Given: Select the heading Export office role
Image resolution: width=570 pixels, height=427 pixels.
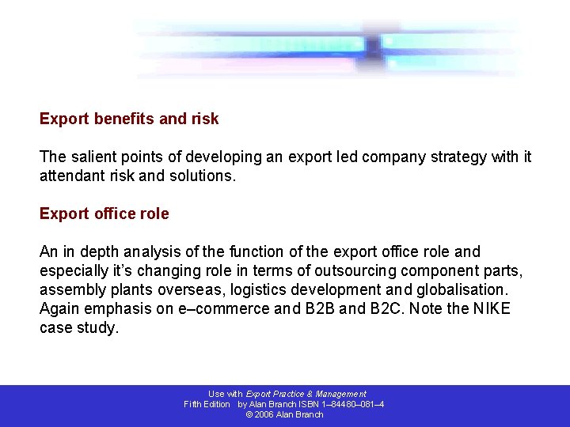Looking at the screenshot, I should point(104,213).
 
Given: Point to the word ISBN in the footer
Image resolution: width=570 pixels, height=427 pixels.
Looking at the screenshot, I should point(310,404).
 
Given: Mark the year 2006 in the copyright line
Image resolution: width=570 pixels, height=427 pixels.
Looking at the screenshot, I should point(265,414).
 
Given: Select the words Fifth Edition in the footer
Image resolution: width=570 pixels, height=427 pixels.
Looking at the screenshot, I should point(207,404).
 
